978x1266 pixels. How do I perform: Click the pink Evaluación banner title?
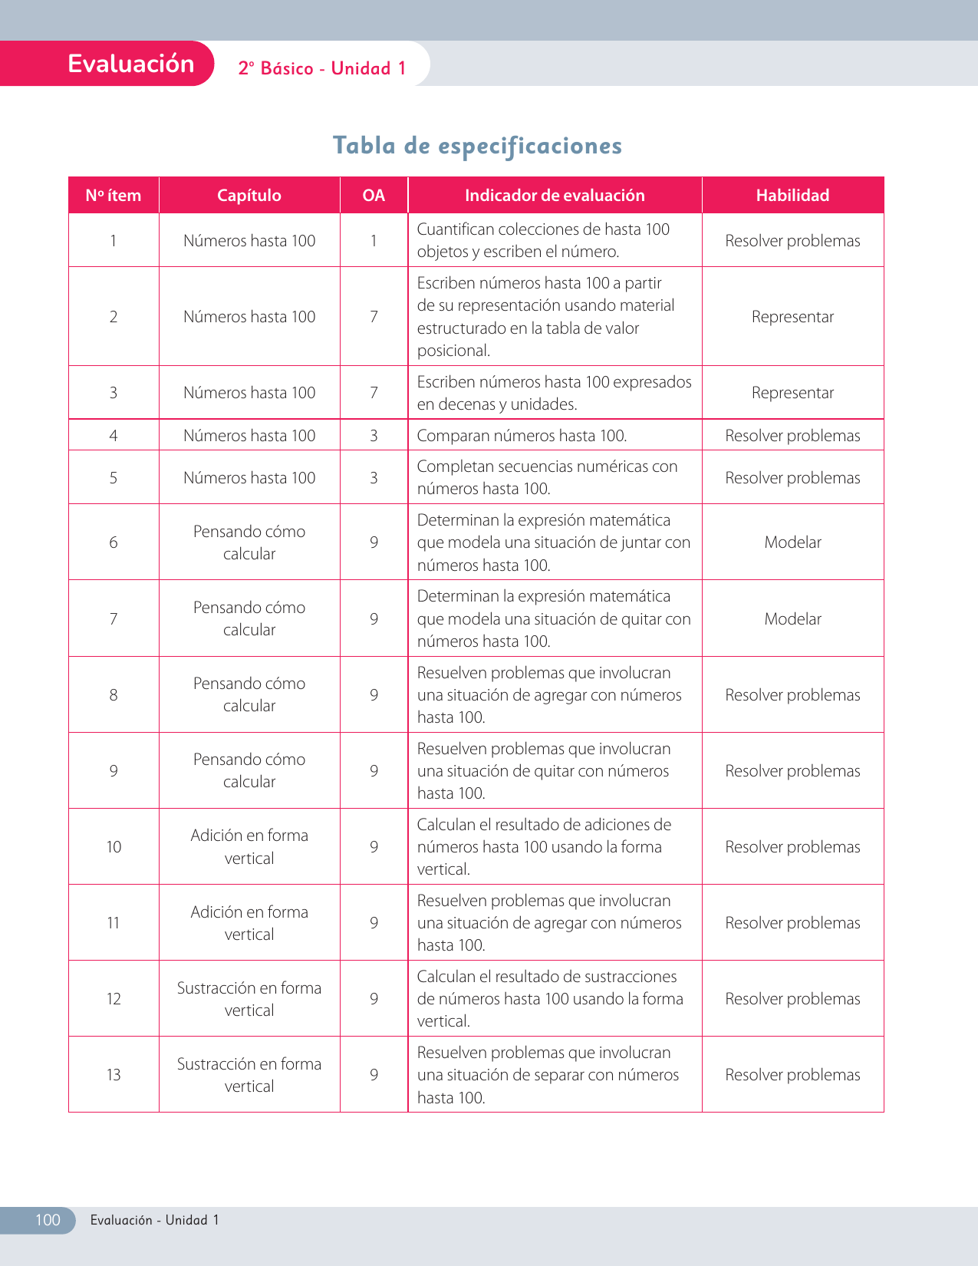tap(131, 64)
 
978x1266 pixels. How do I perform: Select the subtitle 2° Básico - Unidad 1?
tap(322, 68)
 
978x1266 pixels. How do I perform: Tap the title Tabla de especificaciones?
tap(477, 145)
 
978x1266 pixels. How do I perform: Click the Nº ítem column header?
tap(114, 196)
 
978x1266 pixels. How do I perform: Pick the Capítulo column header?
tap(249, 196)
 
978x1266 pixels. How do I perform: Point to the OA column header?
tap(374, 196)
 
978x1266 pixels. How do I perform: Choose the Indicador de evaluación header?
tap(555, 196)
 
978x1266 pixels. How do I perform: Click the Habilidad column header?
tap(792, 196)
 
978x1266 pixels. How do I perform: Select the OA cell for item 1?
tap(374, 241)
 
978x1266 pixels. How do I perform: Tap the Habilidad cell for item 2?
tap(792, 317)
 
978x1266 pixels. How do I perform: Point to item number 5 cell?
tap(114, 478)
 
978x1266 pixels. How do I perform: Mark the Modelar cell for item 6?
tap(792, 542)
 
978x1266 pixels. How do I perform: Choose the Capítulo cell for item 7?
tap(249, 618)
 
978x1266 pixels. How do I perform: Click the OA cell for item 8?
tap(374, 695)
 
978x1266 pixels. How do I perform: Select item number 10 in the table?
tap(114, 847)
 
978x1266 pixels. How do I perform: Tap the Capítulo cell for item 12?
tap(249, 999)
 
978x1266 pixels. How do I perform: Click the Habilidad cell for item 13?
tap(792, 1075)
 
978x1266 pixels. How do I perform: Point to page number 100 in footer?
tap(48, 1220)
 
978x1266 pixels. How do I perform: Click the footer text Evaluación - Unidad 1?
tap(154, 1220)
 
